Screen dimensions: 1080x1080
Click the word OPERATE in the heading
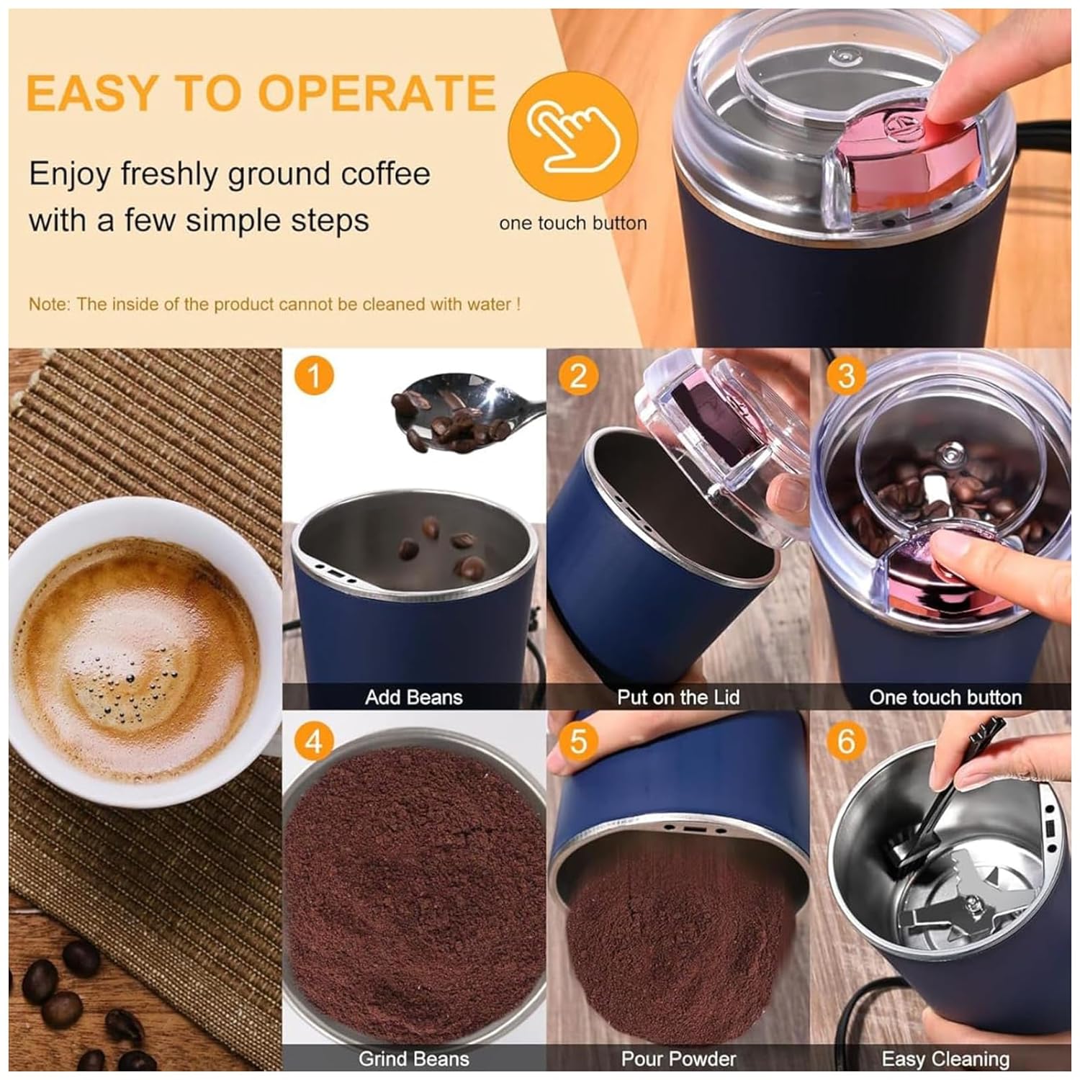[377, 92]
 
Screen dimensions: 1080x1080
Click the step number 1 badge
[314, 376]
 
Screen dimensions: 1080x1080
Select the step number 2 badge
[578, 376]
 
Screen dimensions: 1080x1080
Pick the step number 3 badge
[846, 376]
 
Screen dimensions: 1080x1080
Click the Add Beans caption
[413, 697]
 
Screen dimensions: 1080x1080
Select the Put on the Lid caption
[678, 697]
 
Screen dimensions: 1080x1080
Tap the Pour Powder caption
[678, 1059]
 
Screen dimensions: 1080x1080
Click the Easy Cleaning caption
[945, 1059]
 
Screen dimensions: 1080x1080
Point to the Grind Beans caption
[413, 1059]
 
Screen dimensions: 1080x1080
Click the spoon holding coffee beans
[461, 418]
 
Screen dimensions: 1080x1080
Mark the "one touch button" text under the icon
[573, 223]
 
